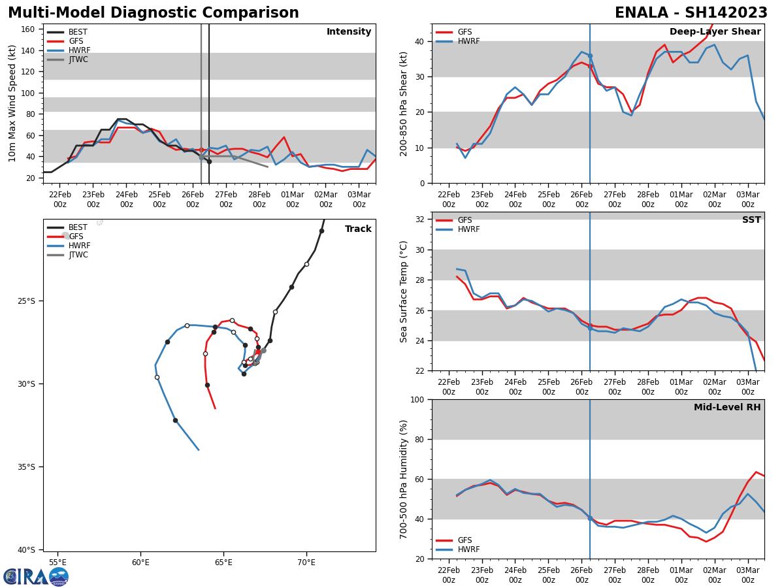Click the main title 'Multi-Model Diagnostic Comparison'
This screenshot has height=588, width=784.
(153, 13)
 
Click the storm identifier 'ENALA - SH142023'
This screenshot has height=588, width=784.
(691, 13)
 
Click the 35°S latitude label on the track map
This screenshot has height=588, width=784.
(26, 466)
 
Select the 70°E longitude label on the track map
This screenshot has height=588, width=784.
(306, 562)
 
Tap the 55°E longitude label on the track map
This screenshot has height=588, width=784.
(57, 562)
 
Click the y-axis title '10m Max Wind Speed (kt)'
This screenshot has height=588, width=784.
(12, 103)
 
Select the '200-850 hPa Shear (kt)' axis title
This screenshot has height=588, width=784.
(404, 103)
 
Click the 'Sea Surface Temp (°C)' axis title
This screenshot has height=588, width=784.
(404, 291)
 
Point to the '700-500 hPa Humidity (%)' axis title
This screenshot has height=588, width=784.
(404, 479)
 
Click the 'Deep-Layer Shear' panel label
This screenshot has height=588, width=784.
(715, 32)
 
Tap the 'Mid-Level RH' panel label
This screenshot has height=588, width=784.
(727, 408)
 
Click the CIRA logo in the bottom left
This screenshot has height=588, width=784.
(36, 577)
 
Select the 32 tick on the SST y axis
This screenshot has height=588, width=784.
(419, 220)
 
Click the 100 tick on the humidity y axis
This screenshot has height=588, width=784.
(417, 399)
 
